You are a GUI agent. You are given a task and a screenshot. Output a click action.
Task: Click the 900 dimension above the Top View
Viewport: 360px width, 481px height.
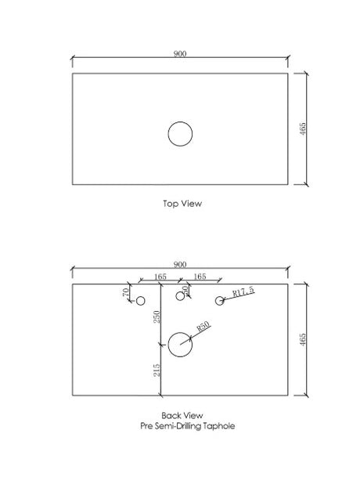[x=180, y=54]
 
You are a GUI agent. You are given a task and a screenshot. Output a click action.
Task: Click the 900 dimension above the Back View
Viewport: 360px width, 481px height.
[x=180, y=265]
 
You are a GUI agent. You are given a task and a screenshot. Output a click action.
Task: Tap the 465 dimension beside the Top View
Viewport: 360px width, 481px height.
[x=302, y=128]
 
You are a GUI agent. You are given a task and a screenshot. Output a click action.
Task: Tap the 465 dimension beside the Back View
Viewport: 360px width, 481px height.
[x=302, y=339]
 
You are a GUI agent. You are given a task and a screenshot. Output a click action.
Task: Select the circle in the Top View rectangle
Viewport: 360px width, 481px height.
[x=180, y=121]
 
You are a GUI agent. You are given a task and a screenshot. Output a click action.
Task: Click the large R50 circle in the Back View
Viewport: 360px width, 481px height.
[x=180, y=332]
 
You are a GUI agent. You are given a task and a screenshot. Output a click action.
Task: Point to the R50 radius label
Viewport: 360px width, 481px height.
[x=203, y=327]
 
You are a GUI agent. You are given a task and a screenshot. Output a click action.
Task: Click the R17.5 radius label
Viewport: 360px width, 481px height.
[x=243, y=291]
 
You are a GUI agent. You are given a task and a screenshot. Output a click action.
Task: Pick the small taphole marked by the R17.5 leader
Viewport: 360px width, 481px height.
[x=220, y=297]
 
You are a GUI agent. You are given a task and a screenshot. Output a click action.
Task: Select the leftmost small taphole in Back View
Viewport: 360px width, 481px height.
[x=140, y=297]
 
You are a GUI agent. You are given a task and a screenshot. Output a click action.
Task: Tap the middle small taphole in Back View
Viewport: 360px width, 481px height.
[x=180, y=291]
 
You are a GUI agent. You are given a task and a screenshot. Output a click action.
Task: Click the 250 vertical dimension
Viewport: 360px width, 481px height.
[x=157, y=317]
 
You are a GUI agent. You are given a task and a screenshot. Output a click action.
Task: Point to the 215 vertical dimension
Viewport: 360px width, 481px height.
[x=157, y=371]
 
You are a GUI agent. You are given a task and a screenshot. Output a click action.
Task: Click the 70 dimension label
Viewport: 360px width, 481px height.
[x=126, y=292]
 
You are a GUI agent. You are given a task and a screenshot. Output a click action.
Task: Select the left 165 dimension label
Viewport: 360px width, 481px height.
[x=160, y=277]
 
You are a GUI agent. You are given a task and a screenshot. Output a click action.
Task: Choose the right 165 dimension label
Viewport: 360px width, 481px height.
[x=200, y=277]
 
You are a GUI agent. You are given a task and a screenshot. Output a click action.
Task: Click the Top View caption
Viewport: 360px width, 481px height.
[x=182, y=204]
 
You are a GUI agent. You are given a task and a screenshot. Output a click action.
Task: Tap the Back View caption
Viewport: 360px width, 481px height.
[x=182, y=416]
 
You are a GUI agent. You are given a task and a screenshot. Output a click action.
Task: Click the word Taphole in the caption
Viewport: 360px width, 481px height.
[x=219, y=426]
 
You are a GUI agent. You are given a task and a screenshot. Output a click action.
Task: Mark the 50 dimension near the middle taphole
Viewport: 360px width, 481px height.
[x=185, y=289]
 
